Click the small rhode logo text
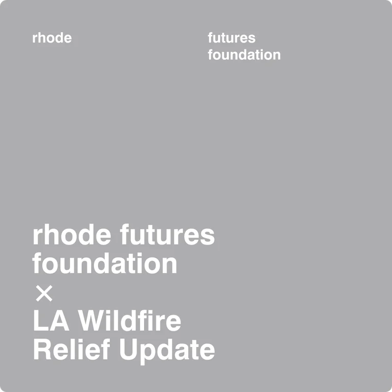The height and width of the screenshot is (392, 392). pyautogui.click(x=52, y=38)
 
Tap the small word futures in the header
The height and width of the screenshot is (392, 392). pyautogui.click(x=231, y=38)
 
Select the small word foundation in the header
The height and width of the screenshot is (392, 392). pyautogui.click(x=244, y=54)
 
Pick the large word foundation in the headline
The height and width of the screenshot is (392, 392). pyautogui.click(x=105, y=264)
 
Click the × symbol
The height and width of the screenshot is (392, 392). pyautogui.click(x=44, y=294)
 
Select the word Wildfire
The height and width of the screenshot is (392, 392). pyautogui.click(x=130, y=321)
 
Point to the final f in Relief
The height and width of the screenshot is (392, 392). pyautogui.click(x=107, y=349)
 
